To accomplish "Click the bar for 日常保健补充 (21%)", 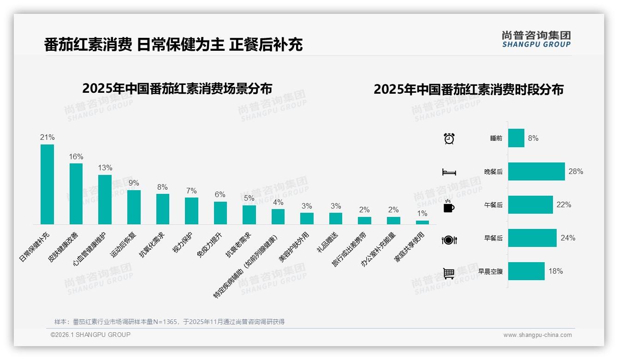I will point(47,184).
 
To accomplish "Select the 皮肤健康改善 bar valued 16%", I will point(76,194).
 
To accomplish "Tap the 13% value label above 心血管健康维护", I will point(105,168).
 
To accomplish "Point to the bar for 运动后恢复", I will point(134,207).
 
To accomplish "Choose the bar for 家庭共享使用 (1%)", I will point(422,222).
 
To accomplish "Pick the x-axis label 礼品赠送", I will point(327,241).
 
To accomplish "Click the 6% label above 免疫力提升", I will point(220,194).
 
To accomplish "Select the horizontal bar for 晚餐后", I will point(536,171).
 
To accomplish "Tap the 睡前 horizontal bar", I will point(516,138).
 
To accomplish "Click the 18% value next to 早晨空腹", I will point(555,271).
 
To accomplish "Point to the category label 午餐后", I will point(493,205).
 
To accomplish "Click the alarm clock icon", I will point(449,138).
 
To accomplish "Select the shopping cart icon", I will point(449,273).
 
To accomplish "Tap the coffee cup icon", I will point(449,206).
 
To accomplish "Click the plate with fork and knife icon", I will point(449,240).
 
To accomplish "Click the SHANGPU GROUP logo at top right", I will point(536,39).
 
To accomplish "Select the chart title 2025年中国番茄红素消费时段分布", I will point(468,90).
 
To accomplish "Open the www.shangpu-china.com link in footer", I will point(537,335).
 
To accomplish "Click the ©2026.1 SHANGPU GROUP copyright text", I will point(90,335).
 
